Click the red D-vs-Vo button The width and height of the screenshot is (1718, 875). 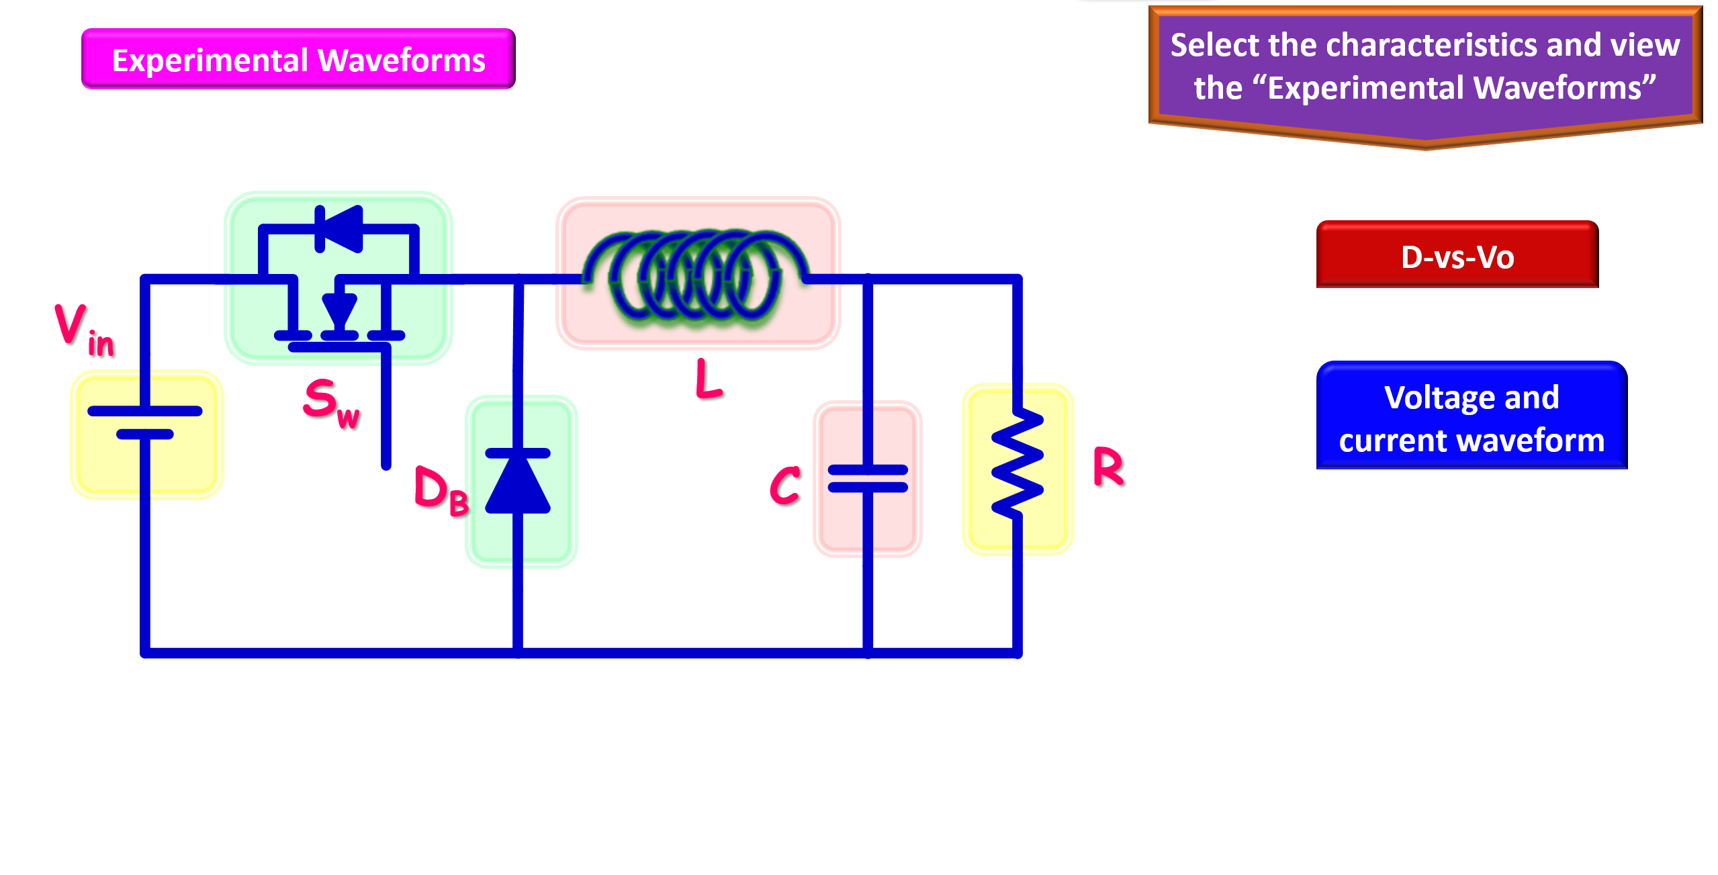click(1457, 256)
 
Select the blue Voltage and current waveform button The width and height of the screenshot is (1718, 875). click(1471, 417)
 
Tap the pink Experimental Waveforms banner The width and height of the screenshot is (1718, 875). click(298, 60)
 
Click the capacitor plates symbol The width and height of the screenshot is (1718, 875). click(868, 478)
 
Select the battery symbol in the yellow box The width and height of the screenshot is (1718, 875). click(145, 423)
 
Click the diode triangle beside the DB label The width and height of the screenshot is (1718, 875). click(518, 482)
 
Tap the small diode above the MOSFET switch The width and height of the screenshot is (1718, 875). click(340, 229)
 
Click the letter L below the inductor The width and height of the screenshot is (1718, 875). click(708, 379)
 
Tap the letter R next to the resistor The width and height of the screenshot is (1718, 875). click(1108, 466)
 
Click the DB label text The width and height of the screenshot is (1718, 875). click(441, 490)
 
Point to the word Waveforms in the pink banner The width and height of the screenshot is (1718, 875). click(401, 60)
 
